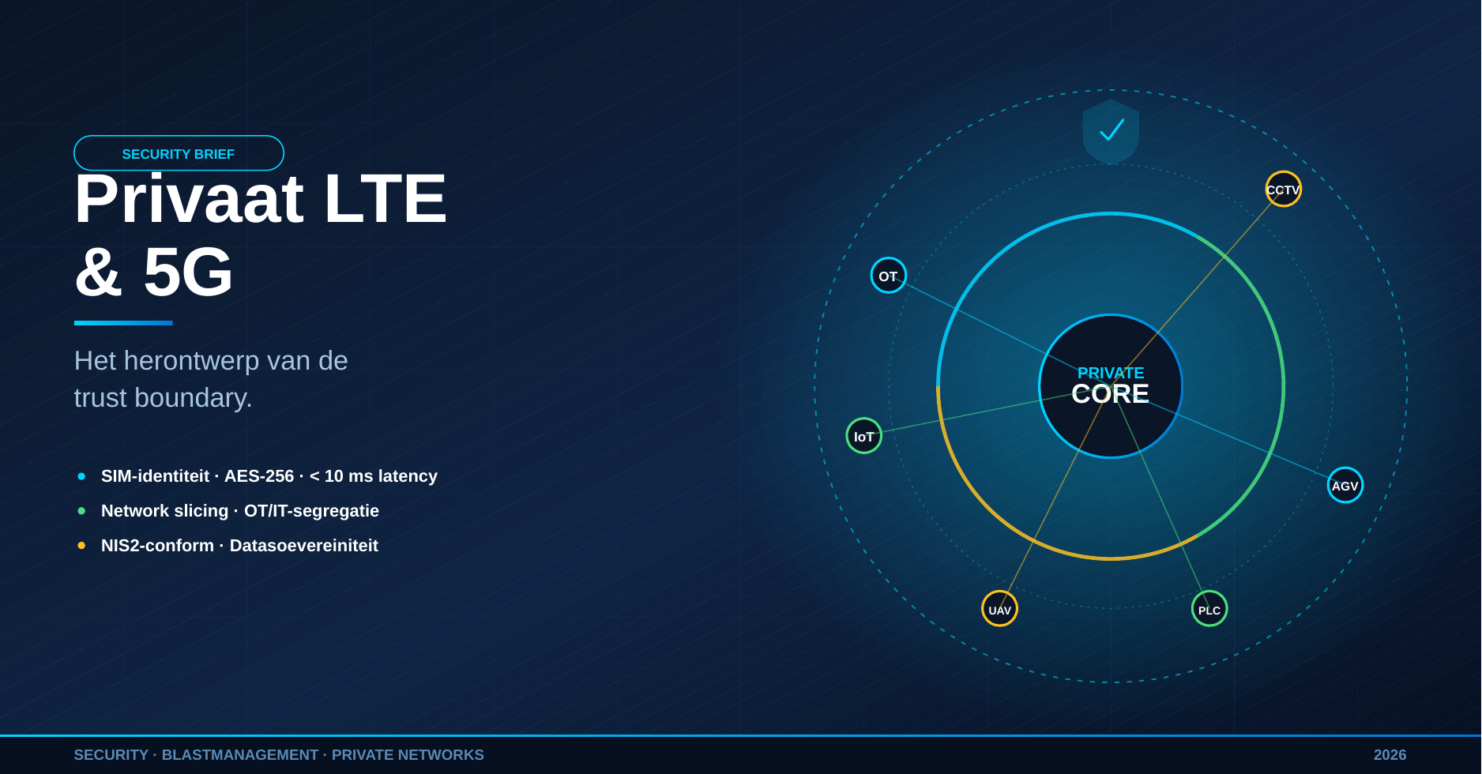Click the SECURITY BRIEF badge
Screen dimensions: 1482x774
pos(179,153)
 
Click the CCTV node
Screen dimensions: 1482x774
pos(1283,189)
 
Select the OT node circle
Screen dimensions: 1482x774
pos(889,276)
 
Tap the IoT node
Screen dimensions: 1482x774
pos(864,436)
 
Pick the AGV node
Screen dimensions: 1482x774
pos(1345,485)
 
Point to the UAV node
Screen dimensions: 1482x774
pos(999,609)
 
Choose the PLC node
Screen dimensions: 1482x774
pos(1209,609)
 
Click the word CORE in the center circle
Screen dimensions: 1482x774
pos(1110,393)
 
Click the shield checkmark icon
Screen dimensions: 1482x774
pos(1111,131)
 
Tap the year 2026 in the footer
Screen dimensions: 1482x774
pos(1390,755)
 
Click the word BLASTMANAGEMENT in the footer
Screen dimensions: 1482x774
pos(239,755)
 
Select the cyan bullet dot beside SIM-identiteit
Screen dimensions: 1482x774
pos(81,476)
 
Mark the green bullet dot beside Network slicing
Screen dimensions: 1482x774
pos(81,511)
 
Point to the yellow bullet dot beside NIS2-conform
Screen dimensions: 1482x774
pos(81,546)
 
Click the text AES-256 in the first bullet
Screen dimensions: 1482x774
pos(259,476)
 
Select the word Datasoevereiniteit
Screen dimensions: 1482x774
pos(304,546)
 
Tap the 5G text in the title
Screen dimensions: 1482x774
pos(188,272)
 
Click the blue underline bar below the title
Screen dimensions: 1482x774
pos(123,323)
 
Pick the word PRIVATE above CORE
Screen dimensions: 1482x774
pos(1110,373)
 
